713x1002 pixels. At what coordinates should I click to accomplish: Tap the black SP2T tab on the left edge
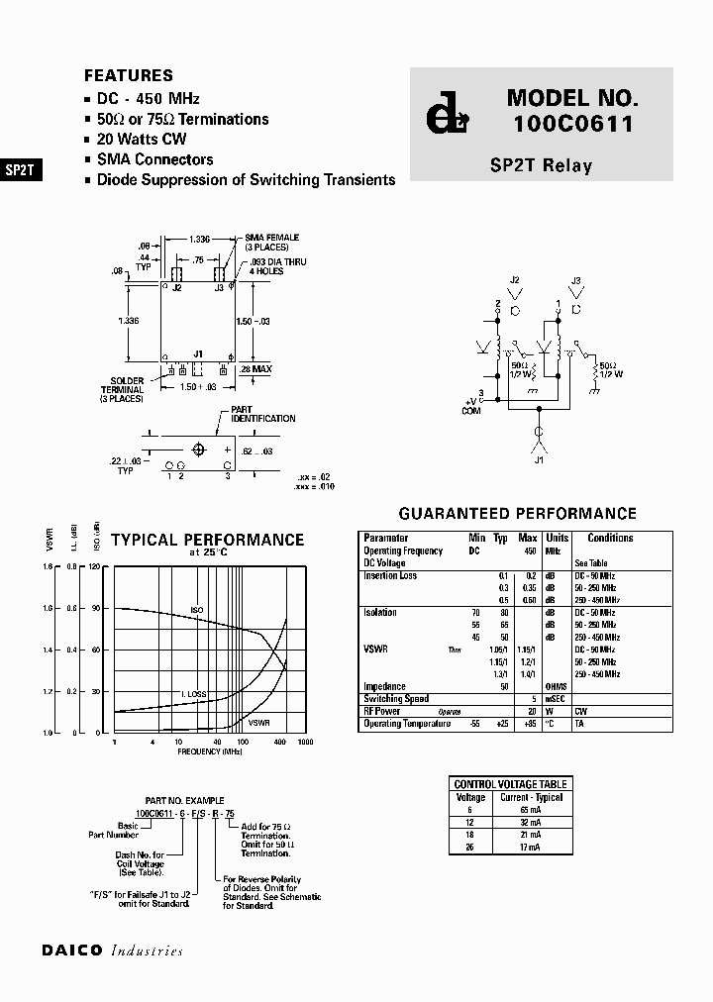tap(20, 169)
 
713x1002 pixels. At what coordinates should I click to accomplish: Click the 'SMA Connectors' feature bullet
tap(154, 159)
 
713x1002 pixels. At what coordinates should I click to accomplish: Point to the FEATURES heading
tap(129, 75)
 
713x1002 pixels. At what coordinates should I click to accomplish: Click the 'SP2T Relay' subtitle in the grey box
tap(541, 165)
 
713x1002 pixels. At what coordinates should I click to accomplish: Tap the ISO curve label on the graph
tap(197, 611)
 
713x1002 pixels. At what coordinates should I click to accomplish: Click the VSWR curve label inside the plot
tap(259, 723)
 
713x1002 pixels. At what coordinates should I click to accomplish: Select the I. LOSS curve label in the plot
tap(193, 694)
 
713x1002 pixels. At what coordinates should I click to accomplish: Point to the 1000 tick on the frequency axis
tap(305, 742)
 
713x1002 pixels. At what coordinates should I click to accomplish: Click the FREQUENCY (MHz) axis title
tap(211, 751)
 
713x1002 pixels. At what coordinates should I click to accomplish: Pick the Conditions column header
tap(610, 538)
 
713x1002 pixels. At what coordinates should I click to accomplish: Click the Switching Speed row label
tap(396, 699)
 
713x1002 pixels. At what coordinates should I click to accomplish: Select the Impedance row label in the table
tap(384, 686)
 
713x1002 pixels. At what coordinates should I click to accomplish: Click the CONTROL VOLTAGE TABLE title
tap(511, 784)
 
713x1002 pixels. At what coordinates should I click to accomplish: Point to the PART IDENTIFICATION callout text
tap(262, 414)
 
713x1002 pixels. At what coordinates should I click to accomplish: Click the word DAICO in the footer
tap(72, 951)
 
